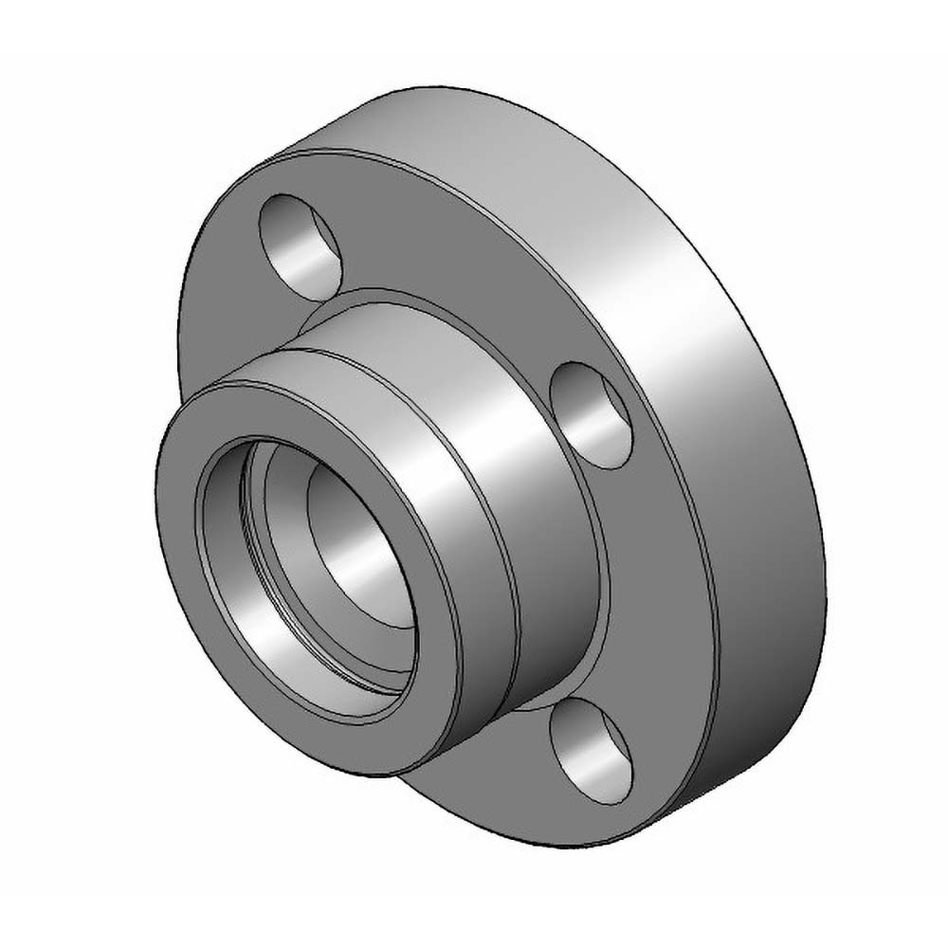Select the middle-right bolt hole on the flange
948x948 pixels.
point(591,414)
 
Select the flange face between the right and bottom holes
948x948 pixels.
point(654,607)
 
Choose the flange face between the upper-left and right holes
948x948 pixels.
point(455,275)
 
